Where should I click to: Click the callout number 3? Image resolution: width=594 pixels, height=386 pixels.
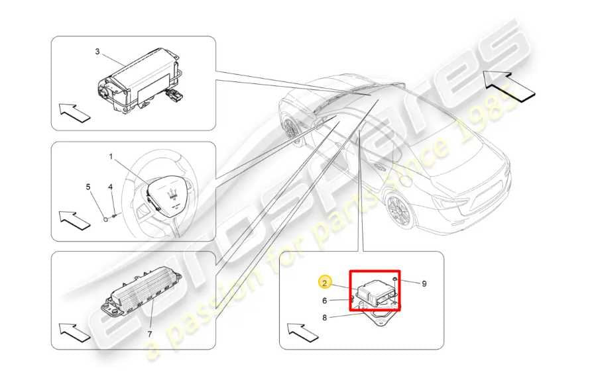tap(97, 51)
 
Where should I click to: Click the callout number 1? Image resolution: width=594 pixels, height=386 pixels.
tap(111, 157)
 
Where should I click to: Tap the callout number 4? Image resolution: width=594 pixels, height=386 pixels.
tap(111, 187)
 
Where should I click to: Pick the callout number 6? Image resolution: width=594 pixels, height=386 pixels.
tap(325, 300)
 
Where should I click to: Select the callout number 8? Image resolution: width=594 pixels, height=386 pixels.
tap(325, 317)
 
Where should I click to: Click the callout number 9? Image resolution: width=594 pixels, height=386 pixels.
tap(424, 284)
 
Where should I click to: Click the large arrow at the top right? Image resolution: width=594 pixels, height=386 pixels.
tap(508, 83)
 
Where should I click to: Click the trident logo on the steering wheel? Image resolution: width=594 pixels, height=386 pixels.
tap(172, 195)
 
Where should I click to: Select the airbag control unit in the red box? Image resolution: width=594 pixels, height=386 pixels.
tap(376, 291)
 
